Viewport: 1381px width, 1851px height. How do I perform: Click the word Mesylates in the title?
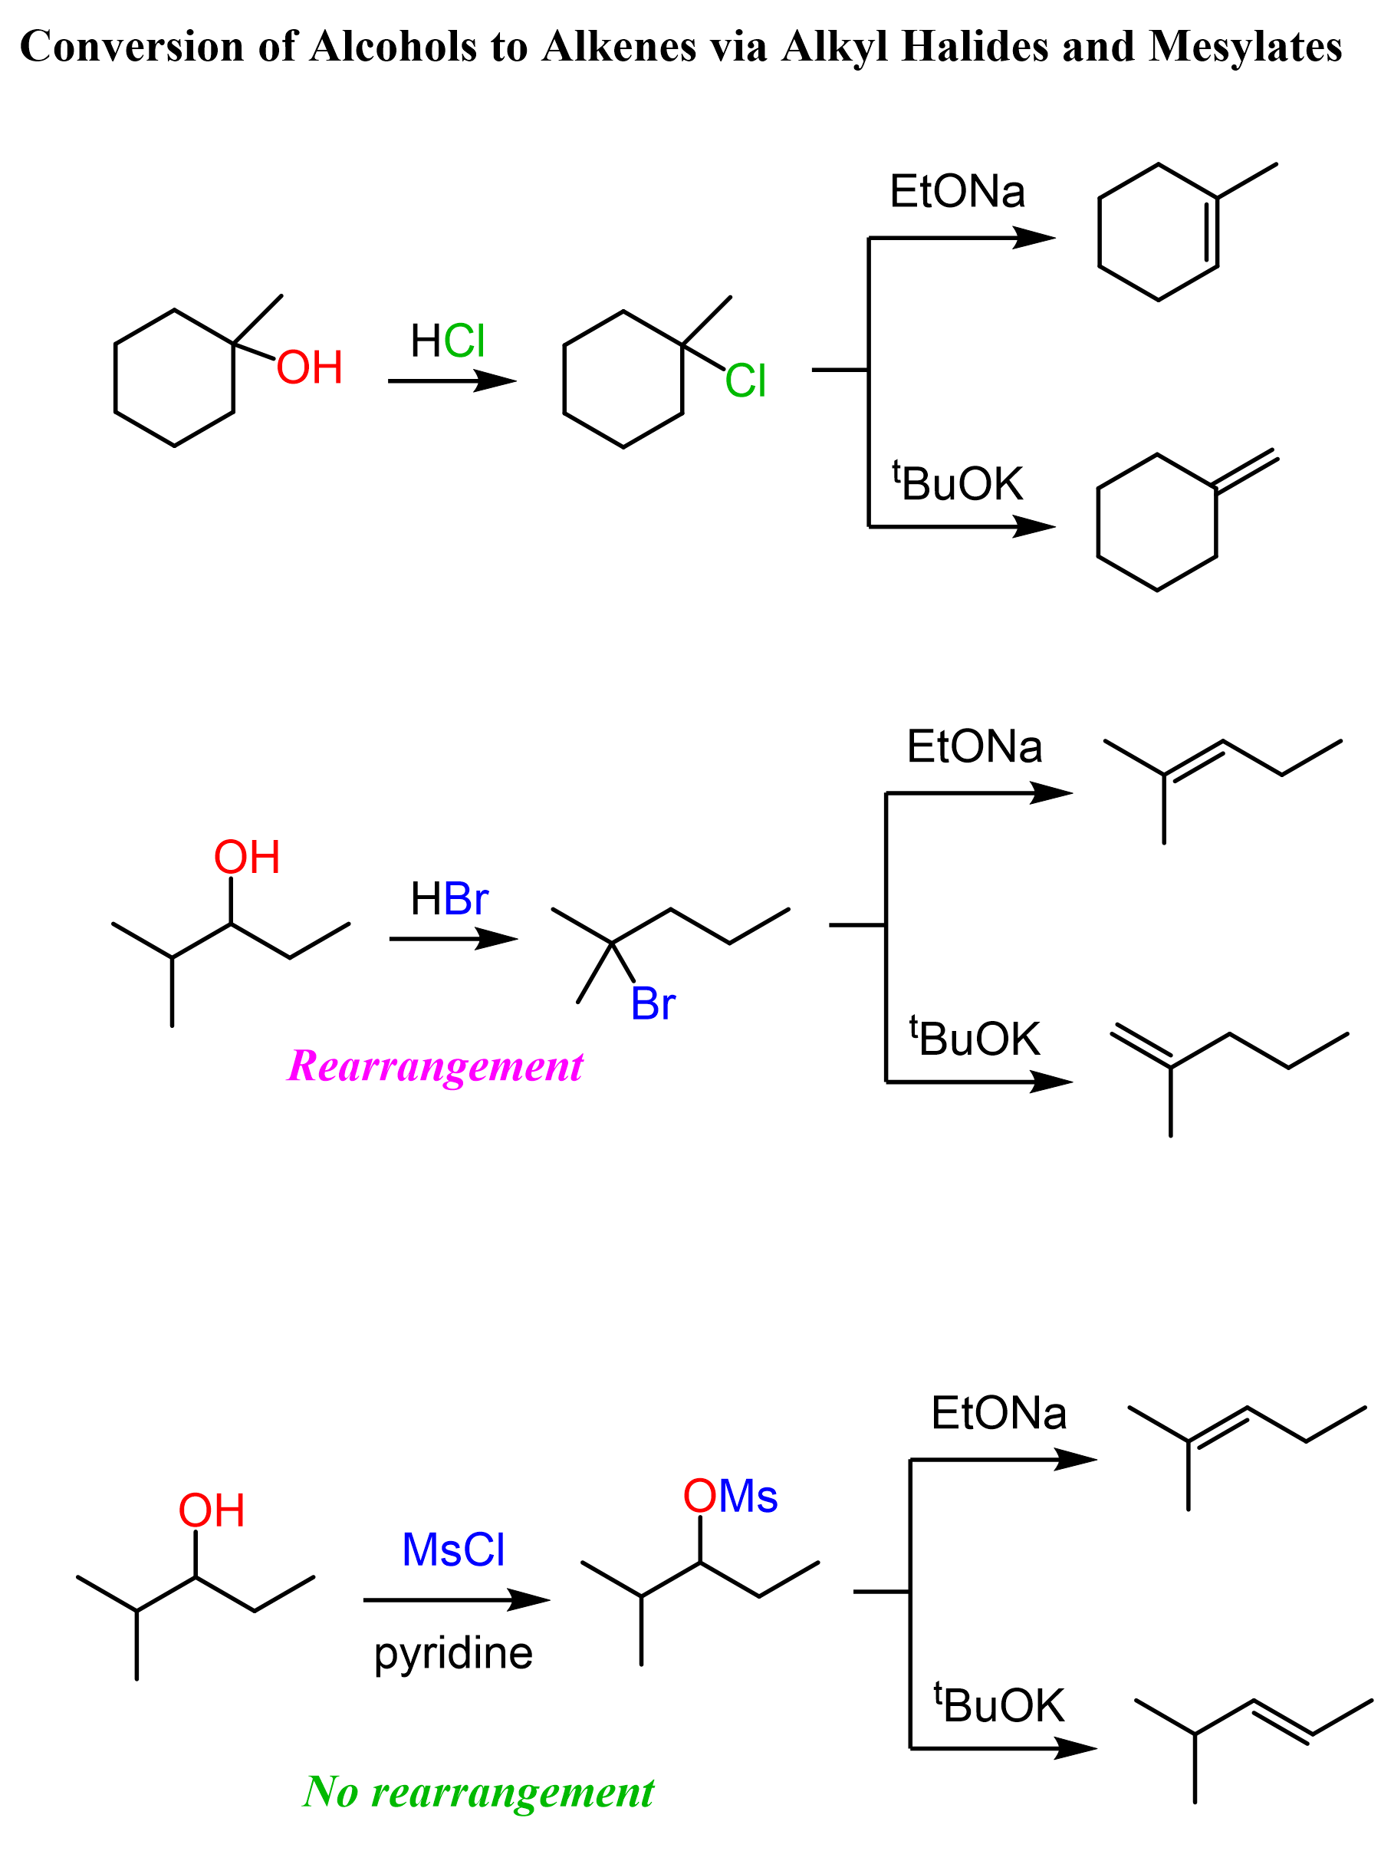point(1245,46)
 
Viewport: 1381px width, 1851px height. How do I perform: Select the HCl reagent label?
point(448,341)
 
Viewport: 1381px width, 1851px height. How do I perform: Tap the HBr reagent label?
point(449,899)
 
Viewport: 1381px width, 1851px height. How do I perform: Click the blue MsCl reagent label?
point(453,1550)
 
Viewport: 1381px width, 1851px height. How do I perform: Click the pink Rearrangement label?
point(435,1066)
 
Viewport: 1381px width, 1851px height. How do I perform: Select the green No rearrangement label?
point(478,1791)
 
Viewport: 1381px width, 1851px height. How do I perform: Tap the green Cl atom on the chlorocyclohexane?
point(745,381)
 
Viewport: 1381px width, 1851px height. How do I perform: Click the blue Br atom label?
point(653,1003)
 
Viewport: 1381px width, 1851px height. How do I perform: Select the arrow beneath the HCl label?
point(452,381)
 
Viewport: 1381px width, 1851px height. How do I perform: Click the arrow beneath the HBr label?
point(453,939)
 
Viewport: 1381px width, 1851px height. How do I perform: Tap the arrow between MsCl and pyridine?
point(456,1600)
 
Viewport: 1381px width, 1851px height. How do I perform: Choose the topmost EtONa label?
point(957,192)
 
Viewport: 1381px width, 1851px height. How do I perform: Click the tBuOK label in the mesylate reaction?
point(999,1705)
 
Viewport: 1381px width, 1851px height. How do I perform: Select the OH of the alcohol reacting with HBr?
point(247,857)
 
